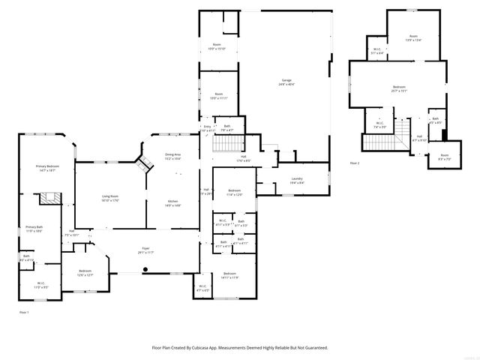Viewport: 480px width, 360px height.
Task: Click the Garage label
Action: pos(286,82)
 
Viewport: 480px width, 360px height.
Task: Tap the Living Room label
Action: pos(110,198)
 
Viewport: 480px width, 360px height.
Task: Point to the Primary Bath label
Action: pos(34,229)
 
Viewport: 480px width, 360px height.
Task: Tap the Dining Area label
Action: pos(172,156)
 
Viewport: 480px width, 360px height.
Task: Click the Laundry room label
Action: pos(297,180)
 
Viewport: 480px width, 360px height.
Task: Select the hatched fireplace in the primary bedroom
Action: pos(50,198)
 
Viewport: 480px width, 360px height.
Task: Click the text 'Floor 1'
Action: pos(24,310)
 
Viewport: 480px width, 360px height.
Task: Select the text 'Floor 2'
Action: pos(354,163)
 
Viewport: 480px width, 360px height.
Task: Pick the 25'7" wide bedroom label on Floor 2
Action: pos(399,88)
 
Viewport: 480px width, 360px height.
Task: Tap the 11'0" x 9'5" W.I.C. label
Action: pos(40,285)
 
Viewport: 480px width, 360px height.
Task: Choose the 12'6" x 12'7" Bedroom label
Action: pos(85,273)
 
